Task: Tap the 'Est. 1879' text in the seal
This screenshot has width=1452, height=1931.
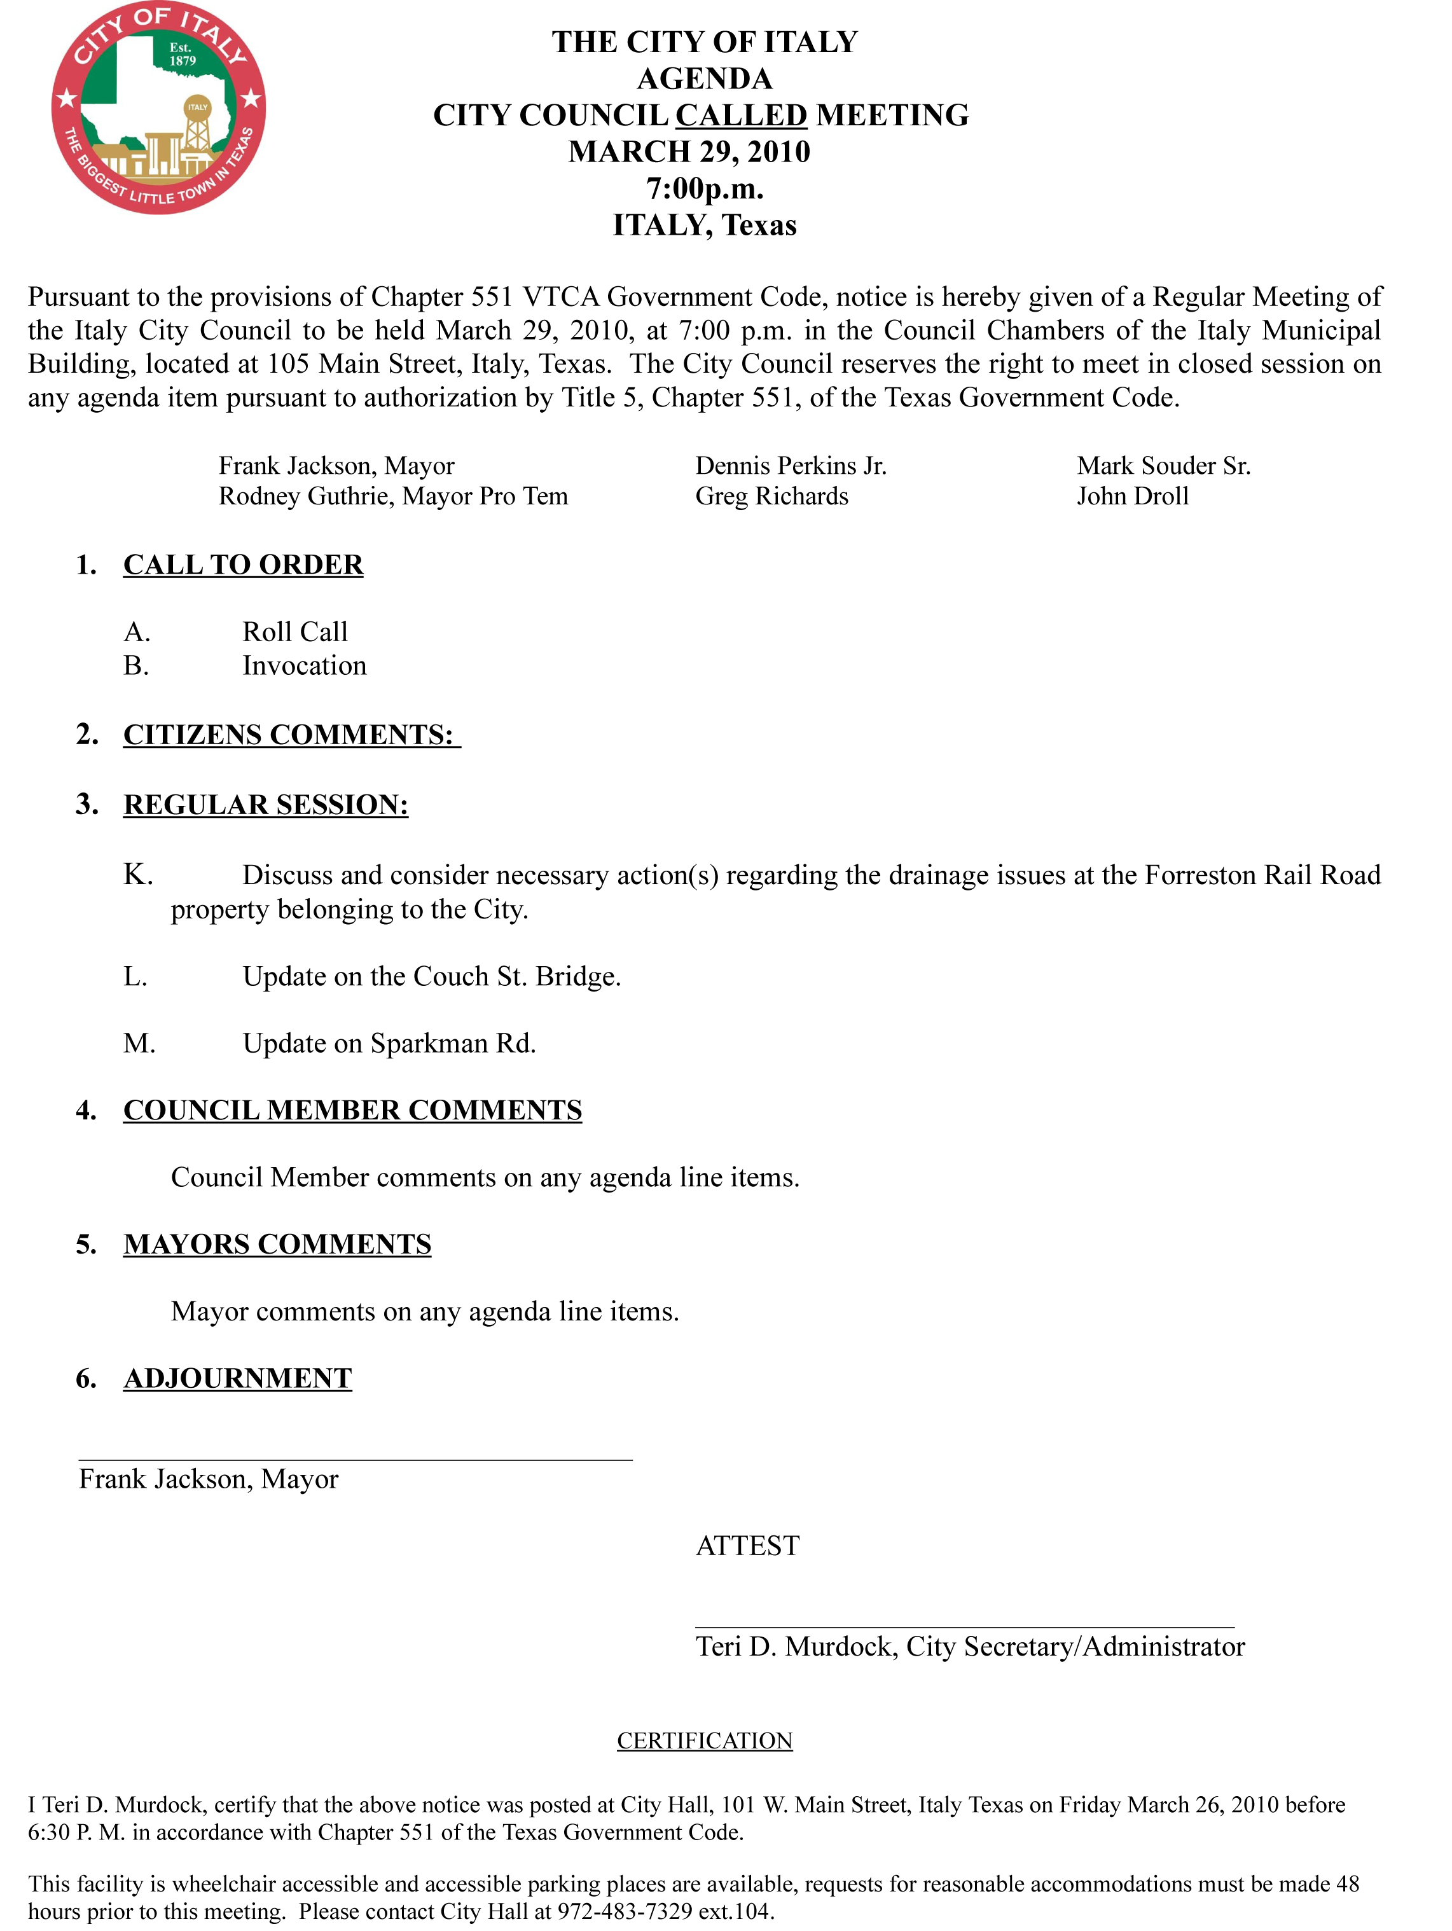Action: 182,54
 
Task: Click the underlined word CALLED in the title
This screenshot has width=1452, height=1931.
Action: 742,115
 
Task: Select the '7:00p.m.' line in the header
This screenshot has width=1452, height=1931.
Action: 705,188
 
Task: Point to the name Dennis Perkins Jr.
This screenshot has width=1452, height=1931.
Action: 790,466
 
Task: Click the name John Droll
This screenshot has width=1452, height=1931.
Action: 1133,497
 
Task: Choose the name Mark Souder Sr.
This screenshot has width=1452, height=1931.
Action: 1164,466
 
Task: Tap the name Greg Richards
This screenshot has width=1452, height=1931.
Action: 772,497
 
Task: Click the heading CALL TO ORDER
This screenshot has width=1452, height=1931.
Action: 243,565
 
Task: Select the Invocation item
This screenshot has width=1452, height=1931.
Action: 304,666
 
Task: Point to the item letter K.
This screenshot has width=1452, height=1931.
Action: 138,875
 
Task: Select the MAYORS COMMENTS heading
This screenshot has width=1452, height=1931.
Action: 278,1244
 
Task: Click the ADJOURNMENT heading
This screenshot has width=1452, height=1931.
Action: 237,1378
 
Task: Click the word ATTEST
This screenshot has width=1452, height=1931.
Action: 747,1546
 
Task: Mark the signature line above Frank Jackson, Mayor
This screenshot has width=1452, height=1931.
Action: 356,1458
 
